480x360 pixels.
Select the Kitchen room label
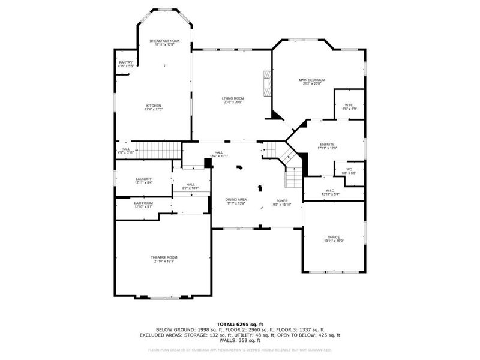pyautogui.click(x=154, y=106)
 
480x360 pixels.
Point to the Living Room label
pyautogui.click(x=232, y=98)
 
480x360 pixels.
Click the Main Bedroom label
pyautogui.click(x=312, y=80)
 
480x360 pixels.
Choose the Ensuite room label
pyautogui.click(x=327, y=144)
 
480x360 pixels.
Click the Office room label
pyautogui.click(x=334, y=236)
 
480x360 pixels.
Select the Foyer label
pyautogui.click(x=282, y=200)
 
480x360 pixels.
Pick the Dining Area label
pyautogui.click(x=236, y=199)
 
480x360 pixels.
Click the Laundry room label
pyautogui.click(x=143, y=178)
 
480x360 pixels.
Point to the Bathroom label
pyautogui.click(x=143, y=203)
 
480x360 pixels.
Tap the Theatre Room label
pyautogui.click(x=164, y=257)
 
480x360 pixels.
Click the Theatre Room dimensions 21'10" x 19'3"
pyautogui.click(x=164, y=261)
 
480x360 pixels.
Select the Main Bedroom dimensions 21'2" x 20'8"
pyautogui.click(x=312, y=84)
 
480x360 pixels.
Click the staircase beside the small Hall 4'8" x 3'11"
pyautogui.click(x=156, y=149)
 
